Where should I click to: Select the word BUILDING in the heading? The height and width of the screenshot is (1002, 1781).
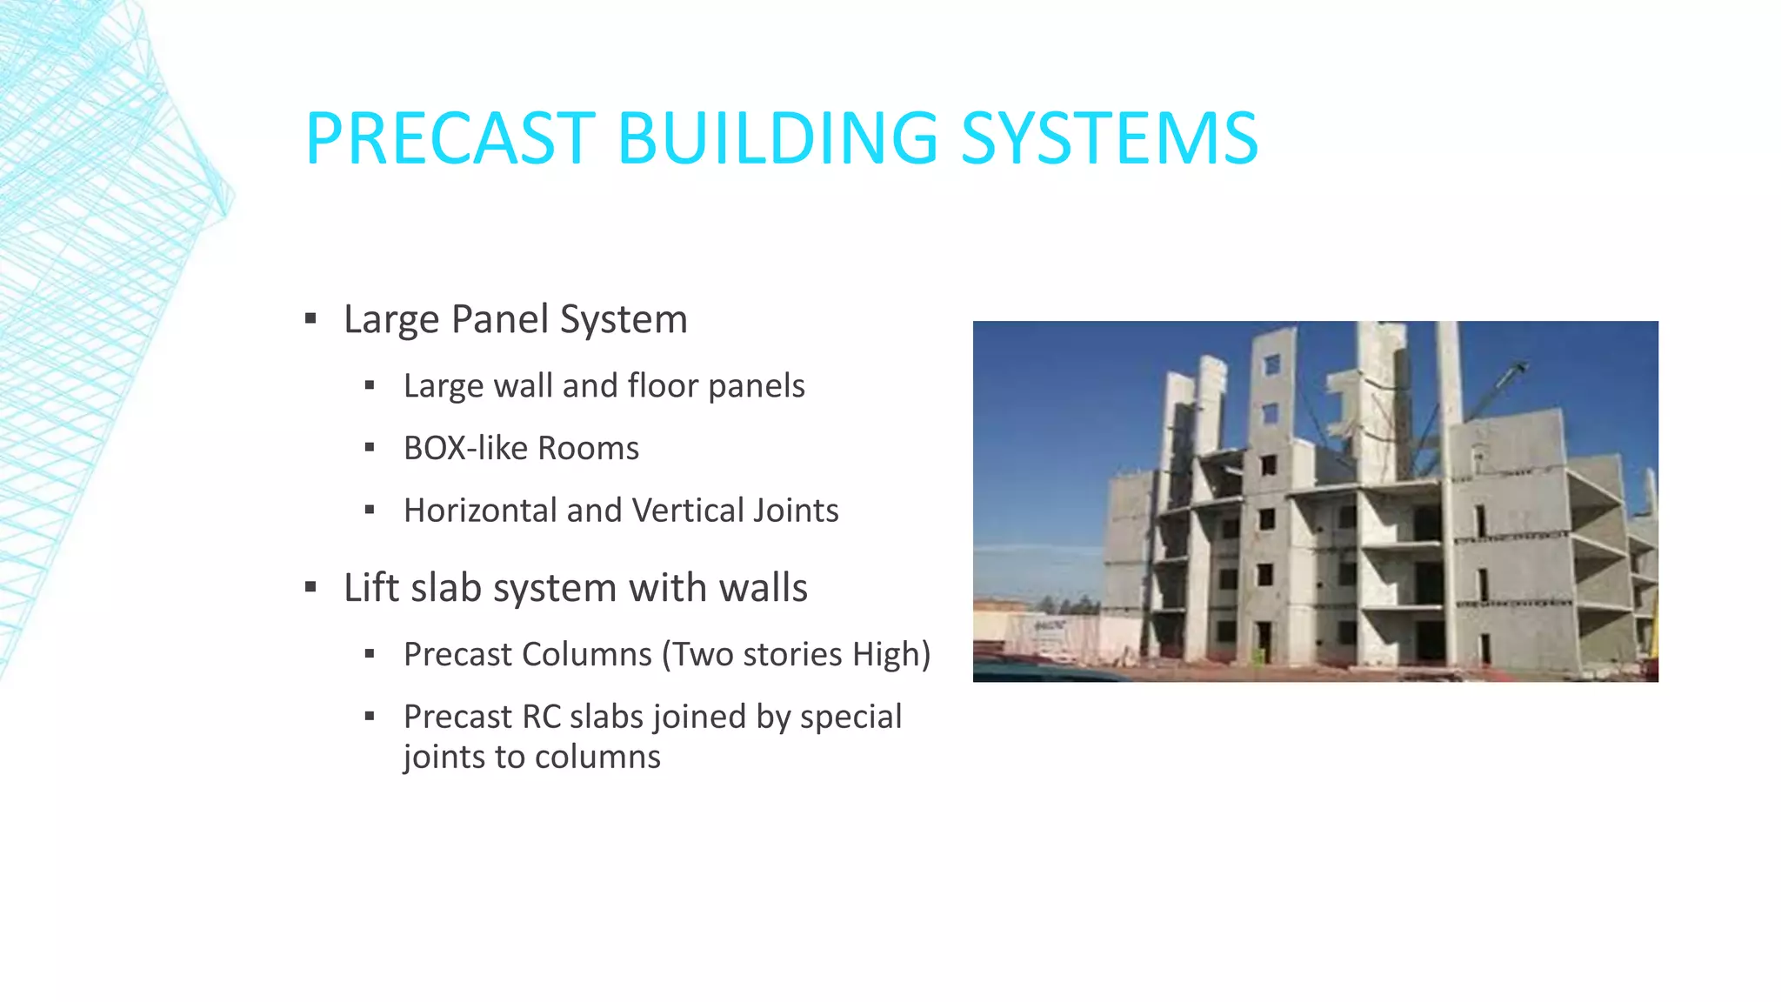777,138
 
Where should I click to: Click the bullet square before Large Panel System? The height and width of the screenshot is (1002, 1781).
310,319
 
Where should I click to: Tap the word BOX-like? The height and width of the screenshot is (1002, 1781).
465,449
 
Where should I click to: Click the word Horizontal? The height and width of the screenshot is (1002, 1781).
480,511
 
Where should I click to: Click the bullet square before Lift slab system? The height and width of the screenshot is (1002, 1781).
310,588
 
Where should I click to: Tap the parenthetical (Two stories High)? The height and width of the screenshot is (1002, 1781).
796,654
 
